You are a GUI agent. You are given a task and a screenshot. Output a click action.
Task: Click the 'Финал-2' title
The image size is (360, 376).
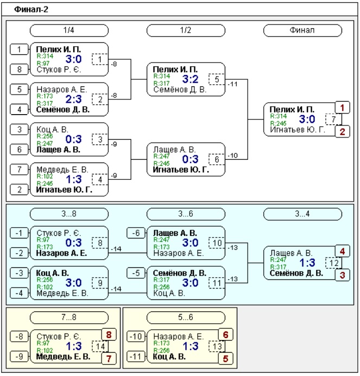[31, 9]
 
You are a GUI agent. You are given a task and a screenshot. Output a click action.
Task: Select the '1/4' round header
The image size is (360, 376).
[69, 30]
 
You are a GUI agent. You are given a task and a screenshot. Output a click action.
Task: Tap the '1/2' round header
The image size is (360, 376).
[186, 30]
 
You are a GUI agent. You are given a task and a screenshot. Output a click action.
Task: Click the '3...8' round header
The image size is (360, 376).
[69, 214]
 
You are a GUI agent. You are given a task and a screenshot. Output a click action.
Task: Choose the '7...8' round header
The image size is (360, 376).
[69, 317]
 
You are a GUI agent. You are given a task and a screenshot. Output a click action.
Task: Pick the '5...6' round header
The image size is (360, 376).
[186, 317]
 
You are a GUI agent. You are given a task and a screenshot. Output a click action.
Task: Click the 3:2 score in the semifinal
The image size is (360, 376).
[190, 79]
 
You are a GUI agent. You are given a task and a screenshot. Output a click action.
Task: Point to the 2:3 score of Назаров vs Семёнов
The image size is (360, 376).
[74, 99]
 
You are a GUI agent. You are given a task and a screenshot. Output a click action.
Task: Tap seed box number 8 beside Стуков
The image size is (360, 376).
[19, 70]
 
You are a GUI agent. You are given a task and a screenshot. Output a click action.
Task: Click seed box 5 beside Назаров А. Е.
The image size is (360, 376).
[19, 90]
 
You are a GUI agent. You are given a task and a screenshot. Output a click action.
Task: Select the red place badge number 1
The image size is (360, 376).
[342, 108]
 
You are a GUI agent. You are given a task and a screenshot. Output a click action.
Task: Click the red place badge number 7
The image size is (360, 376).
[109, 359]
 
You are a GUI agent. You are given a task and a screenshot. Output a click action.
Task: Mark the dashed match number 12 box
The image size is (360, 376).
[333, 263]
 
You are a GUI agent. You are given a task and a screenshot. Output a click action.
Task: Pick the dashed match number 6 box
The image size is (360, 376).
[217, 159]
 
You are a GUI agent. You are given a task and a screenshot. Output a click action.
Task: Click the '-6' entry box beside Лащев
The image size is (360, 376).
[136, 233]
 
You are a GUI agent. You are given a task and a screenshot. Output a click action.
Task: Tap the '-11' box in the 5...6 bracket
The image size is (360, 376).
[136, 356]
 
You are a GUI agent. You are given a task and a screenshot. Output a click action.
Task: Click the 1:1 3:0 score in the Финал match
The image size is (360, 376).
[307, 119]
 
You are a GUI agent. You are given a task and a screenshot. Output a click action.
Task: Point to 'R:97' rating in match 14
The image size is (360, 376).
[43, 343]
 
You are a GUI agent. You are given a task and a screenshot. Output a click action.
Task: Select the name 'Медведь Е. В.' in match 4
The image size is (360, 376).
[62, 170]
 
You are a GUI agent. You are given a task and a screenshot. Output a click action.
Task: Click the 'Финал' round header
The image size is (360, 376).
[302, 30]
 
